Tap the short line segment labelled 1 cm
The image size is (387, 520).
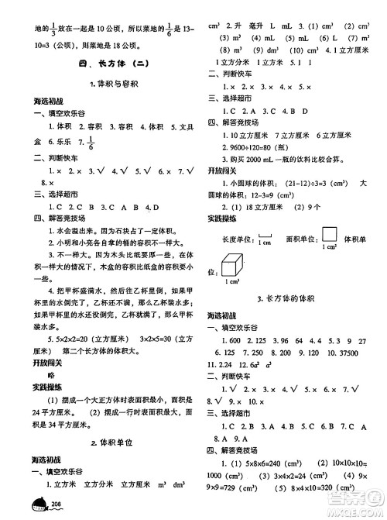click(266, 238)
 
